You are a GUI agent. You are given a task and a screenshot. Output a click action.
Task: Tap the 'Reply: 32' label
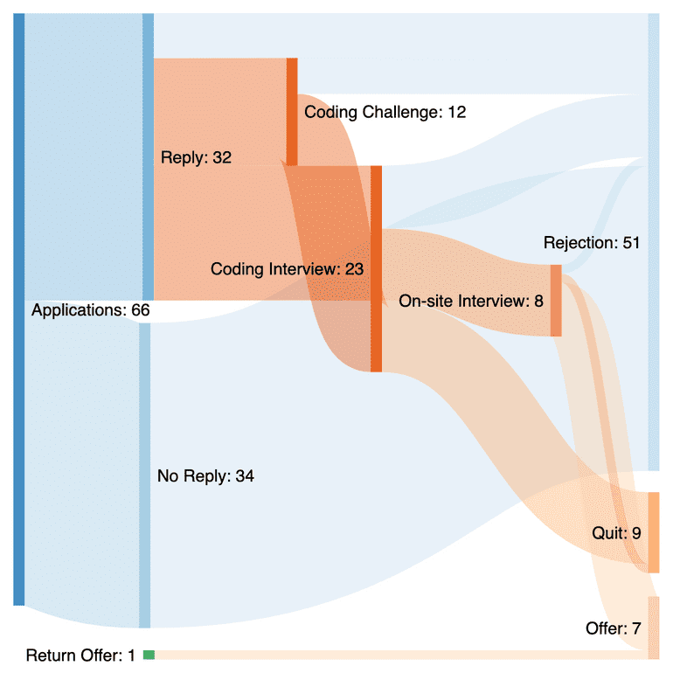(x=196, y=157)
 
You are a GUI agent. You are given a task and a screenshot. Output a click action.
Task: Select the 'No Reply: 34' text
(x=205, y=476)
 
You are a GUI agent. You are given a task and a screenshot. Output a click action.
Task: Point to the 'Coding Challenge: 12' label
(x=385, y=112)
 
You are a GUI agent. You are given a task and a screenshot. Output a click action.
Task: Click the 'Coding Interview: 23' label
(x=287, y=269)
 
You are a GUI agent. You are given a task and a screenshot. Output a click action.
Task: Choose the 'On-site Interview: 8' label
(x=471, y=302)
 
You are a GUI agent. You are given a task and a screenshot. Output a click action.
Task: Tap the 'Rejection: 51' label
(x=592, y=242)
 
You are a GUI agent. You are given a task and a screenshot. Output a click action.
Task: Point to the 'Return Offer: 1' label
(x=80, y=656)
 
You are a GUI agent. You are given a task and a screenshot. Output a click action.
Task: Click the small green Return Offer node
(x=149, y=655)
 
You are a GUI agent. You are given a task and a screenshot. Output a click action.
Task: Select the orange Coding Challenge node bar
(x=292, y=112)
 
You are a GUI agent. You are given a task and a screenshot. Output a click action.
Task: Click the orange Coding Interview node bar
(x=376, y=268)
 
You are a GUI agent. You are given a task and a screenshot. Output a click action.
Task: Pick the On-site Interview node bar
(x=556, y=300)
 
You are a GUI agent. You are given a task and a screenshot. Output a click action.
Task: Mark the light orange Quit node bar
(x=653, y=532)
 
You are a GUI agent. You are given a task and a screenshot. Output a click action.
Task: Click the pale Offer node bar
(x=653, y=628)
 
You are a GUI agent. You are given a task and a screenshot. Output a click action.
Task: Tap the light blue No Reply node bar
(x=145, y=476)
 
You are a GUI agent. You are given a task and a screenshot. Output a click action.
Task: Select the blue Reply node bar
(x=148, y=157)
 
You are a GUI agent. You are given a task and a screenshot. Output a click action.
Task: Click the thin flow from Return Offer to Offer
(x=393, y=655)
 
